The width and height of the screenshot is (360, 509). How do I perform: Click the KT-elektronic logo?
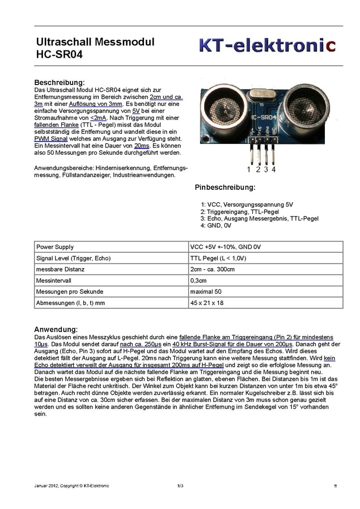pos(266,45)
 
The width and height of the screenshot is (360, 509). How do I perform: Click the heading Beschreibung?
pos(60,82)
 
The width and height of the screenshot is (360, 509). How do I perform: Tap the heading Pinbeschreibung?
pos(225,187)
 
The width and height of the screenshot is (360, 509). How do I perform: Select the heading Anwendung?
pos(56,329)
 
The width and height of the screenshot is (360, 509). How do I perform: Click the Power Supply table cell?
pos(55,247)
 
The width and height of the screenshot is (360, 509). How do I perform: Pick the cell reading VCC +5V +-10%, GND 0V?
pos(225,247)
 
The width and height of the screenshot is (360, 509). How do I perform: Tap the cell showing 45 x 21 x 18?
pos(207,303)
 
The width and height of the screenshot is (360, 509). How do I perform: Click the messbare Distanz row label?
pos(60,269)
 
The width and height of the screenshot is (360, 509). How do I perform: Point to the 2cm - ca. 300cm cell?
pos(212,269)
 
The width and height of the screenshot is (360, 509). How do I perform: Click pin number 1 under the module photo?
pos(249,169)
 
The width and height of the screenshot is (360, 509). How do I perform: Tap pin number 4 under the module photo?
pos(274,169)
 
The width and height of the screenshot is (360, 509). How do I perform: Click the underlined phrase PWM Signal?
pos(51,139)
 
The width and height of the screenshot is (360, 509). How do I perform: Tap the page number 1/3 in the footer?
pos(180,486)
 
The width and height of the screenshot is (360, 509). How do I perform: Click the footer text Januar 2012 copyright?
pos(71,486)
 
